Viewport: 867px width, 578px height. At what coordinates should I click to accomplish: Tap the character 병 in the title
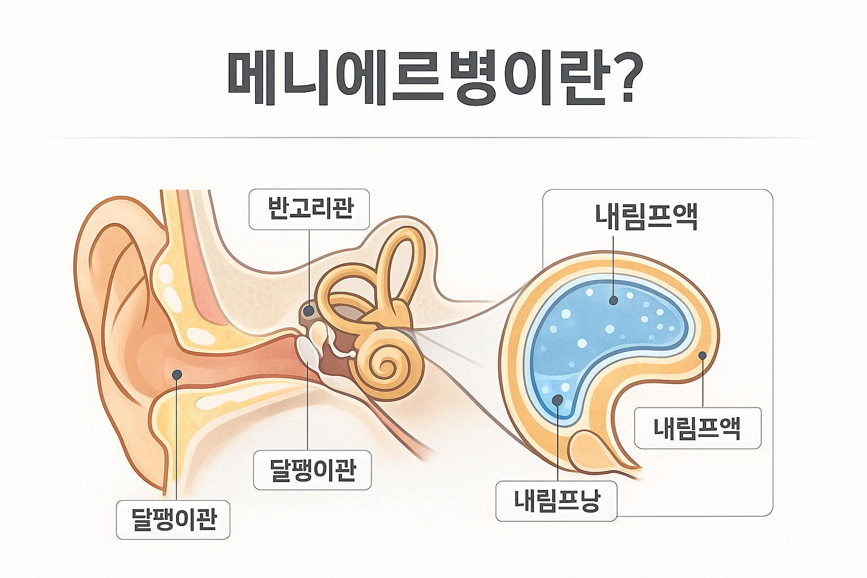click(475, 79)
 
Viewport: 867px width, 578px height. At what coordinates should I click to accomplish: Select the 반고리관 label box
click(309, 209)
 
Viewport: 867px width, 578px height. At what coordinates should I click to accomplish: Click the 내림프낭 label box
click(556, 501)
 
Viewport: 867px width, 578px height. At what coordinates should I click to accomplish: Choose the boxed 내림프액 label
click(698, 428)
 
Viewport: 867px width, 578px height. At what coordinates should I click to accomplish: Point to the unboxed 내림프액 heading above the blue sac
click(647, 217)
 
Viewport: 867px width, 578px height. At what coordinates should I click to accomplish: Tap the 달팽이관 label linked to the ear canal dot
click(173, 519)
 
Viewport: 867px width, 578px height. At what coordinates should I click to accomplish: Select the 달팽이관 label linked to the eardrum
click(313, 470)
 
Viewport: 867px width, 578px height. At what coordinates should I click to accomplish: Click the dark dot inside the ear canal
click(177, 374)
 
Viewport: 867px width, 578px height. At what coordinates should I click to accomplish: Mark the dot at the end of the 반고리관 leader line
click(309, 310)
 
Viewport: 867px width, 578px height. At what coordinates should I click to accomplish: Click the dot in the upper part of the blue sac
click(614, 301)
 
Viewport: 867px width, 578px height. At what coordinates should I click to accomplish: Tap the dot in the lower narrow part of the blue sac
click(558, 400)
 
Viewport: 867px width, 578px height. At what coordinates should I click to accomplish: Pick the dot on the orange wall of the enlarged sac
click(703, 356)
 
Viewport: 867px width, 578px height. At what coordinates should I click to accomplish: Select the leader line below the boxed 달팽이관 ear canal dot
click(177, 440)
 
